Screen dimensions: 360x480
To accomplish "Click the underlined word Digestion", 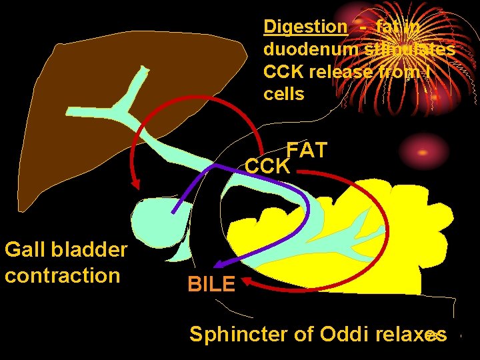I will point(305,27).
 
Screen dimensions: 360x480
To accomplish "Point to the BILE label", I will point(211,285).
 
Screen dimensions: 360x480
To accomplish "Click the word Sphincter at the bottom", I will point(239,333).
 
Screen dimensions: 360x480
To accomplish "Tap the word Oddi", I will point(341,333).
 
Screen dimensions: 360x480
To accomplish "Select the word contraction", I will point(62,275).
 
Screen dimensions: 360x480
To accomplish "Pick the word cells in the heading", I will point(284,94).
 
